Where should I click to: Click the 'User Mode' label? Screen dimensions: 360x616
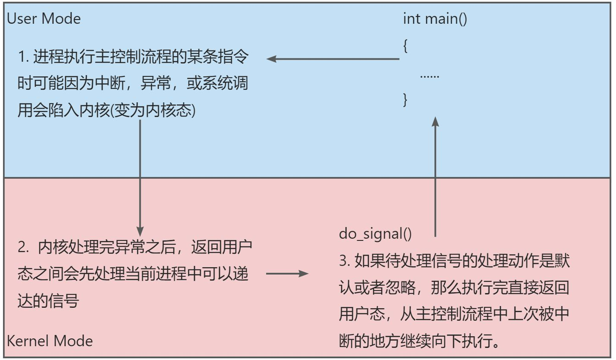(x=44, y=19)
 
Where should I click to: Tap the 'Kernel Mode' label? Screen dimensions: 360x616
(x=50, y=341)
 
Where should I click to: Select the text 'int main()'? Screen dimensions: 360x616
(x=435, y=19)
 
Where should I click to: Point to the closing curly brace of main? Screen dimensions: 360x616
(x=405, y=99)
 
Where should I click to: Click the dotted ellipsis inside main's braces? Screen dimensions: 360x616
(x=429, y=76)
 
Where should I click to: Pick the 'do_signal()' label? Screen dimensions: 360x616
(x=375, y=234)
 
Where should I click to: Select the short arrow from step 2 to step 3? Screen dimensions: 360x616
(x=287, y=273)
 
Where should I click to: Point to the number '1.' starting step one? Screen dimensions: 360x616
(x=23, y=58)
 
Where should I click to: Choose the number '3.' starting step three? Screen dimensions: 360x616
(x=344, y=262)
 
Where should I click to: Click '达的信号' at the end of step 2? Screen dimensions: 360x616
(x=48, y=300)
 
